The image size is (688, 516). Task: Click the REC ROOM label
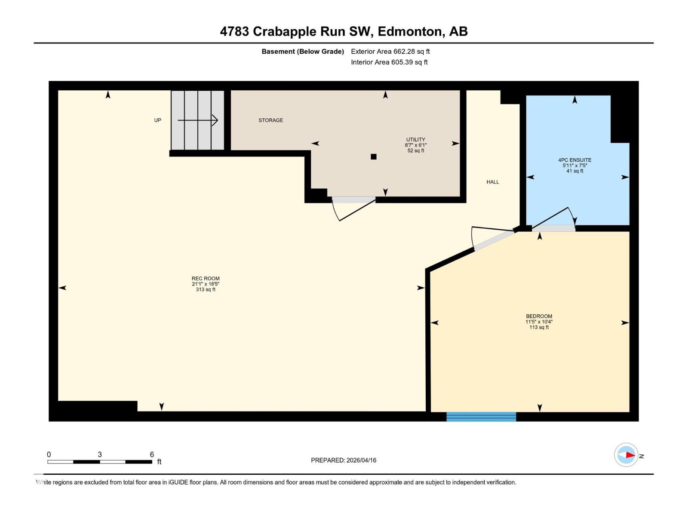(x=206, y=279)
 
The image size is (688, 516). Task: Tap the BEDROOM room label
(x=539, y=316)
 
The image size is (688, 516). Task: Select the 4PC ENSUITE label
(x=574, y=160)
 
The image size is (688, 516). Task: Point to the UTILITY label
(x=415, y=140)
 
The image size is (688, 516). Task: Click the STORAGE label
(x=270, y=120)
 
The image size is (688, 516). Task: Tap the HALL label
(x=493, y=182)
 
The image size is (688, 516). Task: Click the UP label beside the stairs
(x=158, y=120)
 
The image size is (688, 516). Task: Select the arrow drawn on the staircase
(x=198, y=120)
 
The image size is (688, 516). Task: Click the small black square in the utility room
(x=374, y=157)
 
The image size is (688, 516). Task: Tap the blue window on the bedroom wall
(x=481, y=416)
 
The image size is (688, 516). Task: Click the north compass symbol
(x=626, y=455)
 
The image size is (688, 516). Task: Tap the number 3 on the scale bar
(x=100, y=455)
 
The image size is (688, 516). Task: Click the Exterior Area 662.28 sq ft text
(x=390, y=52)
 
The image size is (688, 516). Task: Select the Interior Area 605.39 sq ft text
(x=389, y=62)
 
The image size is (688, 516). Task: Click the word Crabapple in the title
(x=284, y=31)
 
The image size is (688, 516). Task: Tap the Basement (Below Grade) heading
(x=303, y=52)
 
